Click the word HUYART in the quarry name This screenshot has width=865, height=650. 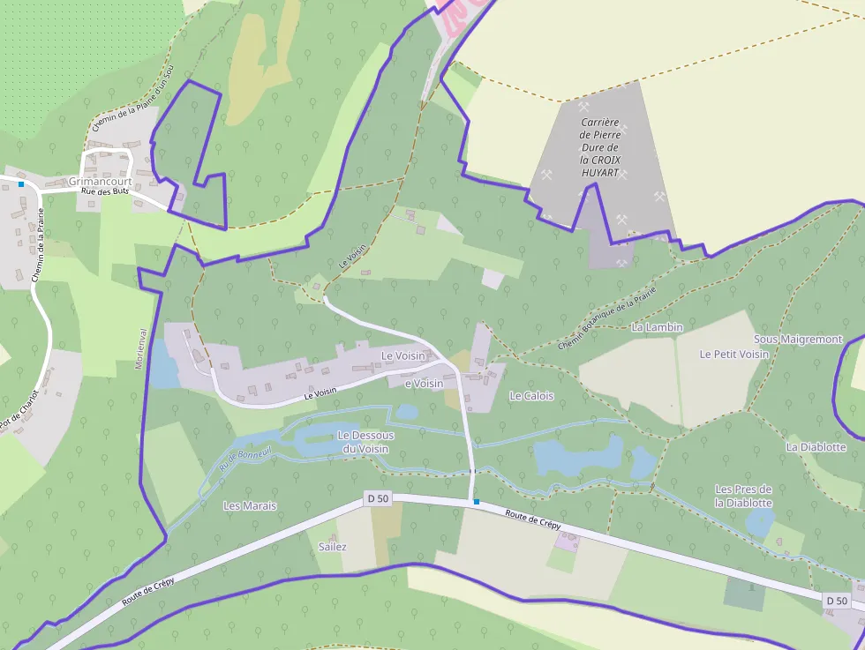[x=600, y=173]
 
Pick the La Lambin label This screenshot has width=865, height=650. [x=658, y=327]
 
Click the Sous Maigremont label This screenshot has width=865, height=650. [x=798, y=339]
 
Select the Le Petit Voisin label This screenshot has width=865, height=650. [x=733, y=354]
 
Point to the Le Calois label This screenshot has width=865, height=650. [x=531, y=396]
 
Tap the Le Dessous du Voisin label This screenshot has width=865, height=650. [x=365, y=442]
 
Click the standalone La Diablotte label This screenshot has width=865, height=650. [x=816, y=447]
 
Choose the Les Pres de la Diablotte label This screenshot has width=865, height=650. [x=743, y=496]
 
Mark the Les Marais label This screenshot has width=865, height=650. [x=250, y=506]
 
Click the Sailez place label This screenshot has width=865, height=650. [x=332, y=547]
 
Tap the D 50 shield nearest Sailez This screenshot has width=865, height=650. [x=377, y=499]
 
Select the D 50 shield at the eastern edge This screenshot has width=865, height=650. [x=837, y=601]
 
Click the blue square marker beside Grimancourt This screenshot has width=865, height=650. [x=21, y=184]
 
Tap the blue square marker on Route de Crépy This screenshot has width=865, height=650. [x=477, y=502]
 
